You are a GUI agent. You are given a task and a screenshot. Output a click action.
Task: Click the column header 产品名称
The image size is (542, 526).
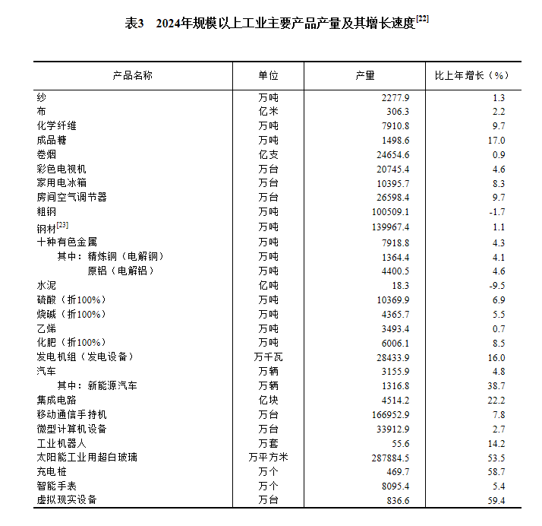tap(132, 76)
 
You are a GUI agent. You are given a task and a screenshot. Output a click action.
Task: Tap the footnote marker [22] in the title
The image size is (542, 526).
tap(423, 19)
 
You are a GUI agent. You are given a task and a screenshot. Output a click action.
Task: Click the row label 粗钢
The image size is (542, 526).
tap(46, 211)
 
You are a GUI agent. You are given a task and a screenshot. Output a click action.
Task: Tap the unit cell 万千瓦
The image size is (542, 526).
tap(268, 357)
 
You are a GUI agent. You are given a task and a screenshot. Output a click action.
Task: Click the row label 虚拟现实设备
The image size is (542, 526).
tap(66, 500)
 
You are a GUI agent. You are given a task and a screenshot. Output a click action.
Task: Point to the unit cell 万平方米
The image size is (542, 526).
tap(268, 458)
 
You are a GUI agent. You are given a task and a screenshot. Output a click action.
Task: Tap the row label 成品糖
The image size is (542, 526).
tap(51, 141)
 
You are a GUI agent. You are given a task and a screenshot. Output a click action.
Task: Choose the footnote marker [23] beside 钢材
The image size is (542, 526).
tap(62, 223)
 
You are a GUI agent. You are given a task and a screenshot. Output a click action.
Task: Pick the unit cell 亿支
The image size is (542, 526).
tap(268, 155)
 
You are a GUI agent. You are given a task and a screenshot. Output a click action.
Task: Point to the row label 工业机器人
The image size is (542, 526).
tap(61, 443)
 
